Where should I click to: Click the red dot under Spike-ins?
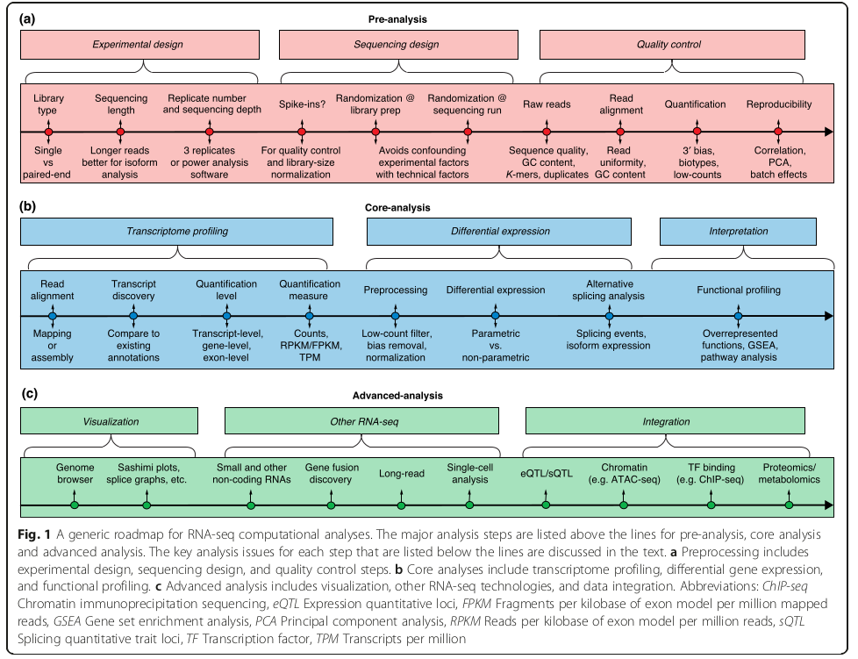[302, 133]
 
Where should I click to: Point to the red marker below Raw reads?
[547, 133]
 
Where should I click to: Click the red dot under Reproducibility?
[778, 133]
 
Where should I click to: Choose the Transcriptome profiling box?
[178, 232]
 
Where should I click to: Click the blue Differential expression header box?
[499, 232]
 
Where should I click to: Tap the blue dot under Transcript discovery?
[133, 316]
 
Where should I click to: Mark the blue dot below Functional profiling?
[739, 316]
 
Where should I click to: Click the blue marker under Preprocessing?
[395, 316]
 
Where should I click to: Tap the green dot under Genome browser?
[75, 505]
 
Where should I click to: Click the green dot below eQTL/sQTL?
[545, 505]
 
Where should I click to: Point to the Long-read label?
[402, 474]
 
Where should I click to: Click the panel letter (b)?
[29, 207]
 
